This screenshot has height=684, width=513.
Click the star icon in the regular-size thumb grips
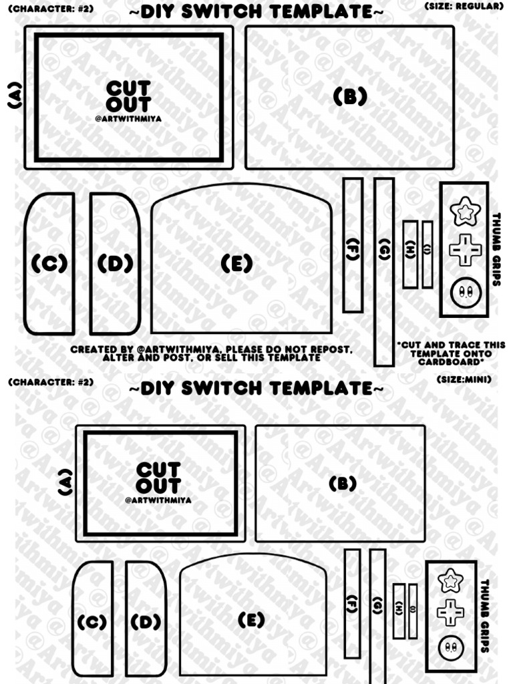pyautogui.click(x=464, y=212)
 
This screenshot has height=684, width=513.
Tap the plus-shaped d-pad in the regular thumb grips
pyautogui.click(x=464, y=250)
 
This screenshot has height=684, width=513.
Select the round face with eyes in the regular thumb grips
pyautogui.click(x=464, y=293)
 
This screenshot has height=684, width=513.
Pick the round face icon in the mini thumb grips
pyautogui.click(x=451, y=647)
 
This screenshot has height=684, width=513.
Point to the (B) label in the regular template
pyautogui.click(x=350, y=98)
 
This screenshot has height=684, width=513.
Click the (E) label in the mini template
pyautogui.click(x=251, y=621)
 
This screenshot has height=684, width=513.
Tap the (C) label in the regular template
pyautogui.click(x=49, y=265)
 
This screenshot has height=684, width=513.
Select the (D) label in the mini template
pyautogui.click(x=146, y=623)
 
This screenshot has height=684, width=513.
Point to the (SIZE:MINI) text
pyautogui.click(x=464, y=379)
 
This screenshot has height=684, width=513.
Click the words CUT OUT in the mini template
pyautogui.click(x=158, y=477)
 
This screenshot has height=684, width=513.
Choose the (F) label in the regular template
pyautogui.click(x=353, y=247)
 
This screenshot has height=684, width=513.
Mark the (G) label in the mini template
pyautogui.click(x=377, y=606)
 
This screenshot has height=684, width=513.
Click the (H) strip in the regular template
pyautogui.click(x=409, y=254)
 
